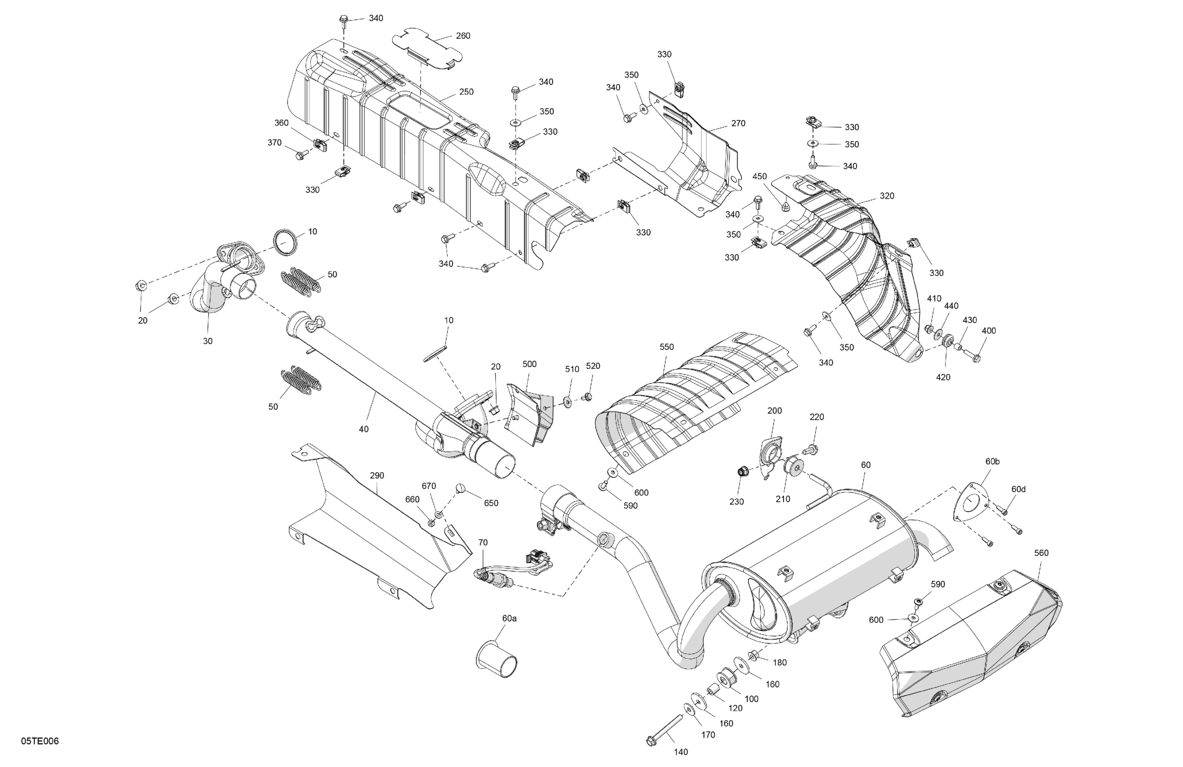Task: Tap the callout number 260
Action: [x=463, y=36]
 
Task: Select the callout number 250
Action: [x=466, y=92]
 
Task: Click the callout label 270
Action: [x=738, y=123]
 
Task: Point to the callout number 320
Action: [x=887, y=196]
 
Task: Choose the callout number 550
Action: [x=666, y=347]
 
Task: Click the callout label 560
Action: [x=1041, y=553]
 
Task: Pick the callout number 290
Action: [x=377, y=476]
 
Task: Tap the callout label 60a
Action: [x=509, y=619]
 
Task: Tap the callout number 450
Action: [x=759, y=176]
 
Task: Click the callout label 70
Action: [x=483, y=542]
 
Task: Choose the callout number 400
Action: [x=989, y=331]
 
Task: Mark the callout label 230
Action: [x=736, y=502]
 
